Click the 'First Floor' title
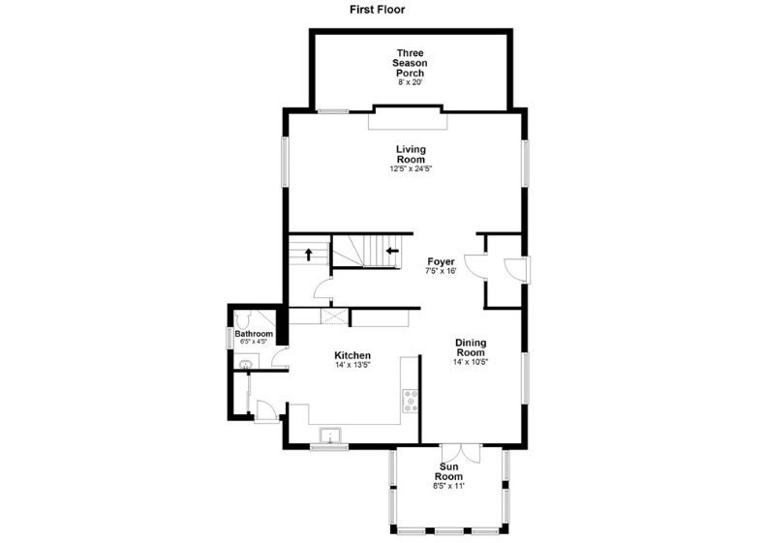[x=378, y=10]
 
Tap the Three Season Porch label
[x=411, y=63]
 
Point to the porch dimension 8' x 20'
[x=411, y=83]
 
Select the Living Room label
[x=411, y=154]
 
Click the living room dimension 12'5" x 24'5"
[x=411, y=169]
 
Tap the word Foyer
[x=442, y=261]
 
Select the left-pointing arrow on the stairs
[x=392, y=252]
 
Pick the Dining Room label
[x=471, y=347]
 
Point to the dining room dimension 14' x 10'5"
[x=471, y=363]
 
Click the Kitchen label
[x=352, y=355]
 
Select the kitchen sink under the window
[x=331, y=435]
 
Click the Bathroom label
[x=255, y=334]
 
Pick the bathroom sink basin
[x=246, y=364]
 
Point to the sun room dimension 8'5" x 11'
[x=448, y=486]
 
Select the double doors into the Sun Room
[x=458, y=452]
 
